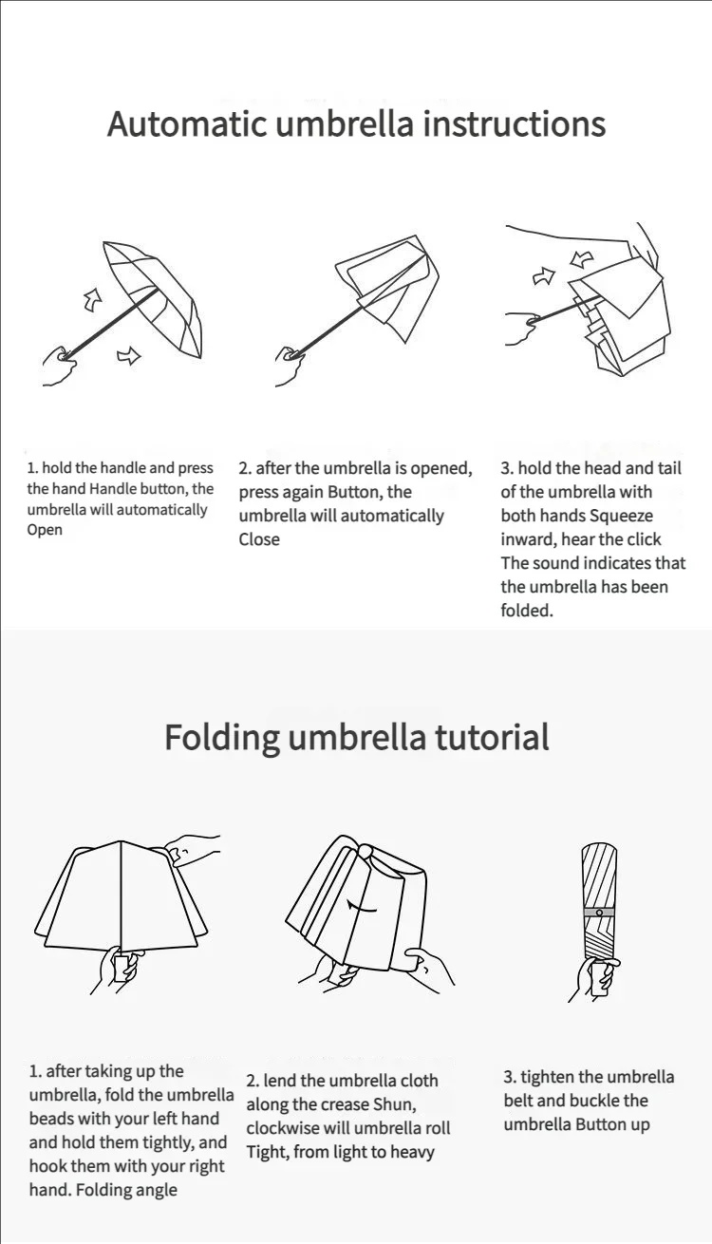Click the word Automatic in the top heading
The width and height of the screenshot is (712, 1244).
[186, 123]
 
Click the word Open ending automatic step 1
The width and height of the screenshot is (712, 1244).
[45, 531]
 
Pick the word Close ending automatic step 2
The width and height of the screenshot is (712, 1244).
[259, 539]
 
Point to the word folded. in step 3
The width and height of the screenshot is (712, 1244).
[527, 611]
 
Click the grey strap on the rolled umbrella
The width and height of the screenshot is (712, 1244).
[599, 913]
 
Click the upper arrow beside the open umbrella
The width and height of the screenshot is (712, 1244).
[93, 300]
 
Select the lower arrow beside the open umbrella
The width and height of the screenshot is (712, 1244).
[129, 355]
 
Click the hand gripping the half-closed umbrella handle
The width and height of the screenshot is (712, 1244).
[290, 366]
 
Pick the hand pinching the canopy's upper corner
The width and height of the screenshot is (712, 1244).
[192, 850]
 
